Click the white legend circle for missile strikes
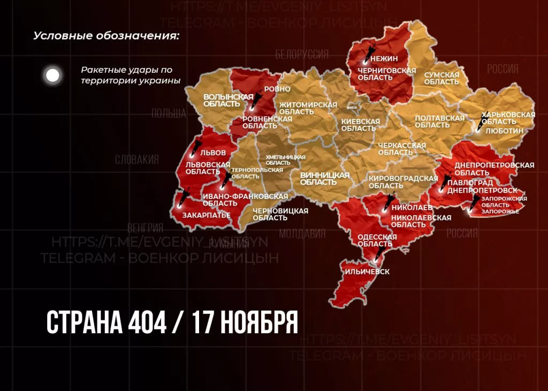coord(52,75)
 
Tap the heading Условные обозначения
coord(106,36)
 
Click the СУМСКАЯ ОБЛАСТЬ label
coord(442,79)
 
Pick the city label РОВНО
coord(277,89)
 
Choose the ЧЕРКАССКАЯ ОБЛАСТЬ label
coord(402,149)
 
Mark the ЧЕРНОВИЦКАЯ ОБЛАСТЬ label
coord(280,214)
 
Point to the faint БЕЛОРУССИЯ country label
coord(302,55)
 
